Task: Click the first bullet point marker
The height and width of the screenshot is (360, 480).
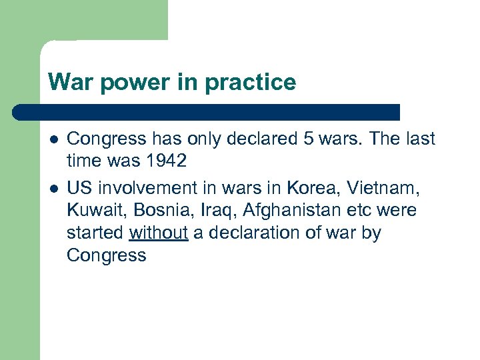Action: pos(53,139)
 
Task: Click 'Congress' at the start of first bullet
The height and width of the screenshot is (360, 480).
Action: pos(106,139)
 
